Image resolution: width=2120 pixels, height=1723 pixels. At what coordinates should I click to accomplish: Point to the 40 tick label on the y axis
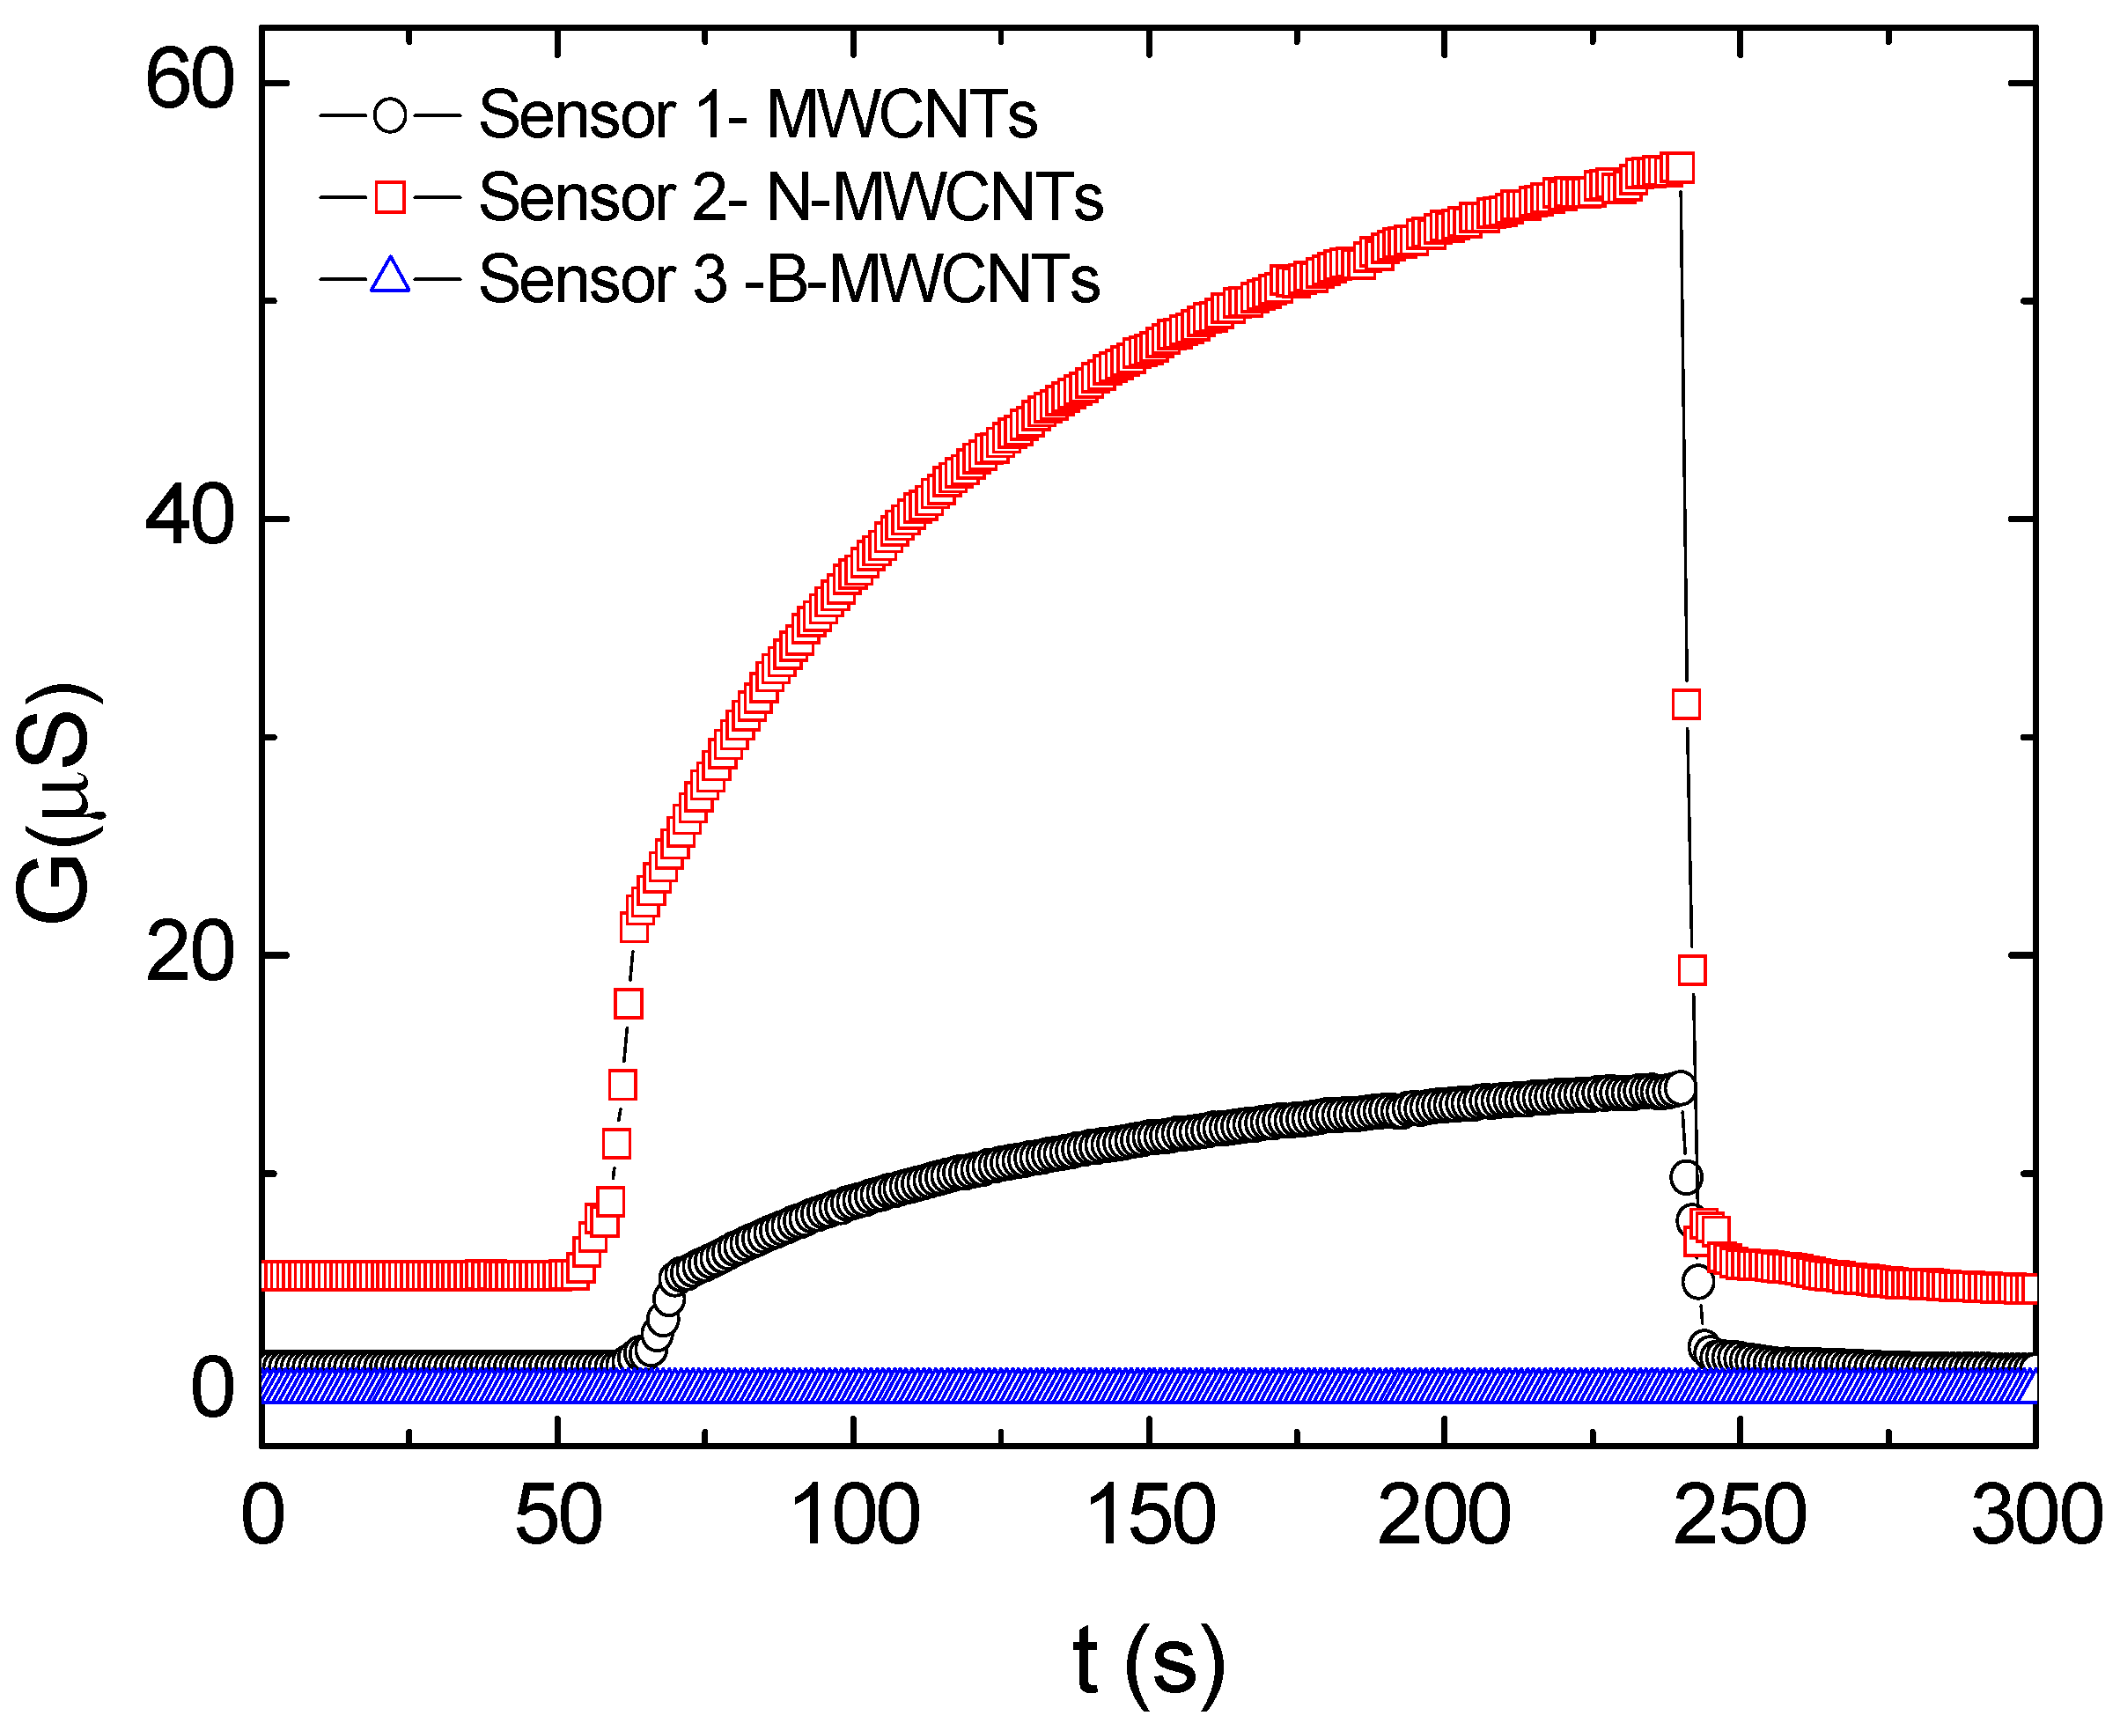pyautogui.click(x=188, y=517)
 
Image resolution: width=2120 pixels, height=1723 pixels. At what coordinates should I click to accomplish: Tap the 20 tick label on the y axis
pyautogui.click(x=188, y=954)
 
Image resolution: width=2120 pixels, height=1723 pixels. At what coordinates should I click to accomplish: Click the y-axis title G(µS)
pyautogui.click(x=56, y=802)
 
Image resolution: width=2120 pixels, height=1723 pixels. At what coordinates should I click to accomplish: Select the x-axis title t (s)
pyautogui.click(x=1148, y=1660)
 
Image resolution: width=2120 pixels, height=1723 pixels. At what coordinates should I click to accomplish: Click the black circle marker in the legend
pyautogui.click(x=390, y=115)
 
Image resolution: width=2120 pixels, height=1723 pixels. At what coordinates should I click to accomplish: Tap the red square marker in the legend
pyautogui.click(x=390, y=197)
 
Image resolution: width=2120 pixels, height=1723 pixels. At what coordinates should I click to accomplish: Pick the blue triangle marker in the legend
pyautogui.click(x=390, y=278)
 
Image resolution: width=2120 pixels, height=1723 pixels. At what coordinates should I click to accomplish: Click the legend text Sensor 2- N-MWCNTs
pyautogui.click(x=790, y=197)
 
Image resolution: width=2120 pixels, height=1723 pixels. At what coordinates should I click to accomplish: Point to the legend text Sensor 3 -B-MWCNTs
pyautogui.click(x=789, y=279)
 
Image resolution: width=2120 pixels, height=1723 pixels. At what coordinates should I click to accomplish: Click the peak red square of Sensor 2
pyautogui.click(x=1678, y=169)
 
